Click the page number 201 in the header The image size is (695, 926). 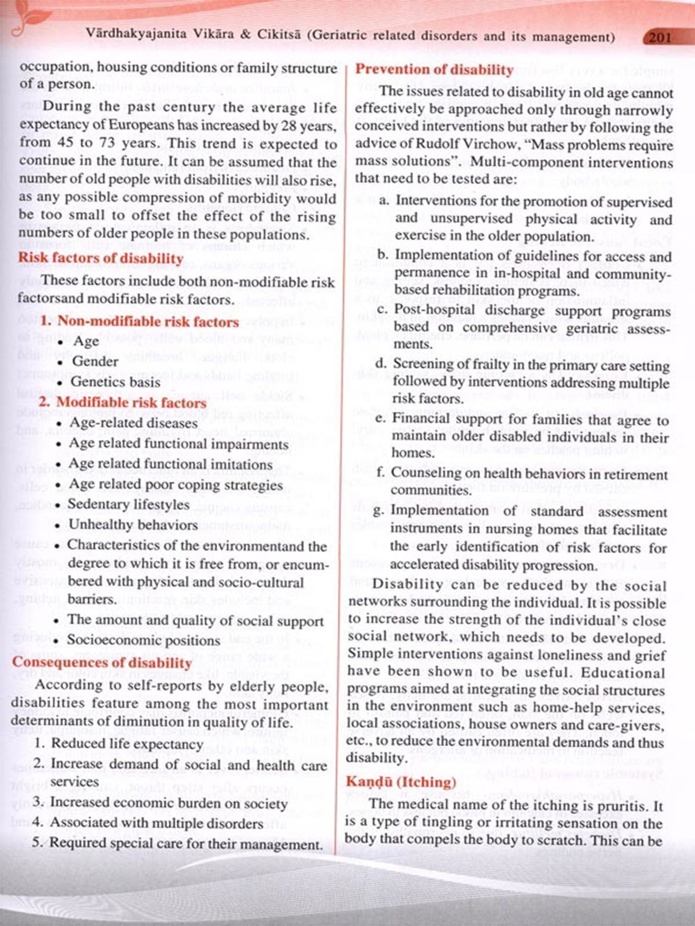click(660, 37)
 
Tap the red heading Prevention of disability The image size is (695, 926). click(434, 69)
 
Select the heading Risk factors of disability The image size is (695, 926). click(101, 258)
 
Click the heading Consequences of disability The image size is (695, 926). click(102, 662)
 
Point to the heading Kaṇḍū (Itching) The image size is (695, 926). click(401, 782)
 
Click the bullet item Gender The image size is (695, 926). click(95, 361)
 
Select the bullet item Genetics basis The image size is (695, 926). click(115, 382)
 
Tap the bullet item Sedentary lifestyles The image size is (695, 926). click(129, 504)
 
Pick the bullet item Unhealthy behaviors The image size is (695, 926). click(133, 525)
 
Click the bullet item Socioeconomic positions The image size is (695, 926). click(144, 640)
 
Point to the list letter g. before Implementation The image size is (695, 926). click(378, 510)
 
